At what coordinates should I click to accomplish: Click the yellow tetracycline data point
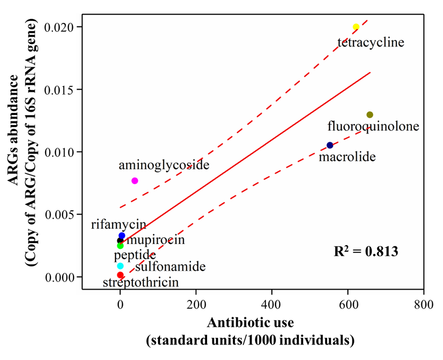pos(356,27)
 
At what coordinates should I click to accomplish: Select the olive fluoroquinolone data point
pos(370,115)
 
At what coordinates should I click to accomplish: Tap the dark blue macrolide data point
pos(330,145)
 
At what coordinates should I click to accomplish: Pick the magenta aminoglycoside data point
pos(135,181)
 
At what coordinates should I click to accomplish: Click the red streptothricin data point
pos(120,275)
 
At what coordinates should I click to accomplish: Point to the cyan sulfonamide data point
pos(120,266)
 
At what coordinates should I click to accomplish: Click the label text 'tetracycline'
pos(371,43)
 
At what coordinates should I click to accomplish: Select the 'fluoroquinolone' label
pos(373,127)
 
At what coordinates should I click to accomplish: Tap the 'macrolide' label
pos(347,157)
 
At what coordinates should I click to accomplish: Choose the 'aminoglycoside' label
pos(164,165)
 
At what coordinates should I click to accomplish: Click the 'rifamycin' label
pos(118,225)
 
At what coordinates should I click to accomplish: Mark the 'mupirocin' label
pos(155,240)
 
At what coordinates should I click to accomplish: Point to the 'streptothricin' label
pos(140,283)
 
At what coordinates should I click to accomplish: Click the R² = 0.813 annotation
pos(366,251)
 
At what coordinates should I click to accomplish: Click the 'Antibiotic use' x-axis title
pos(250,323)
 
